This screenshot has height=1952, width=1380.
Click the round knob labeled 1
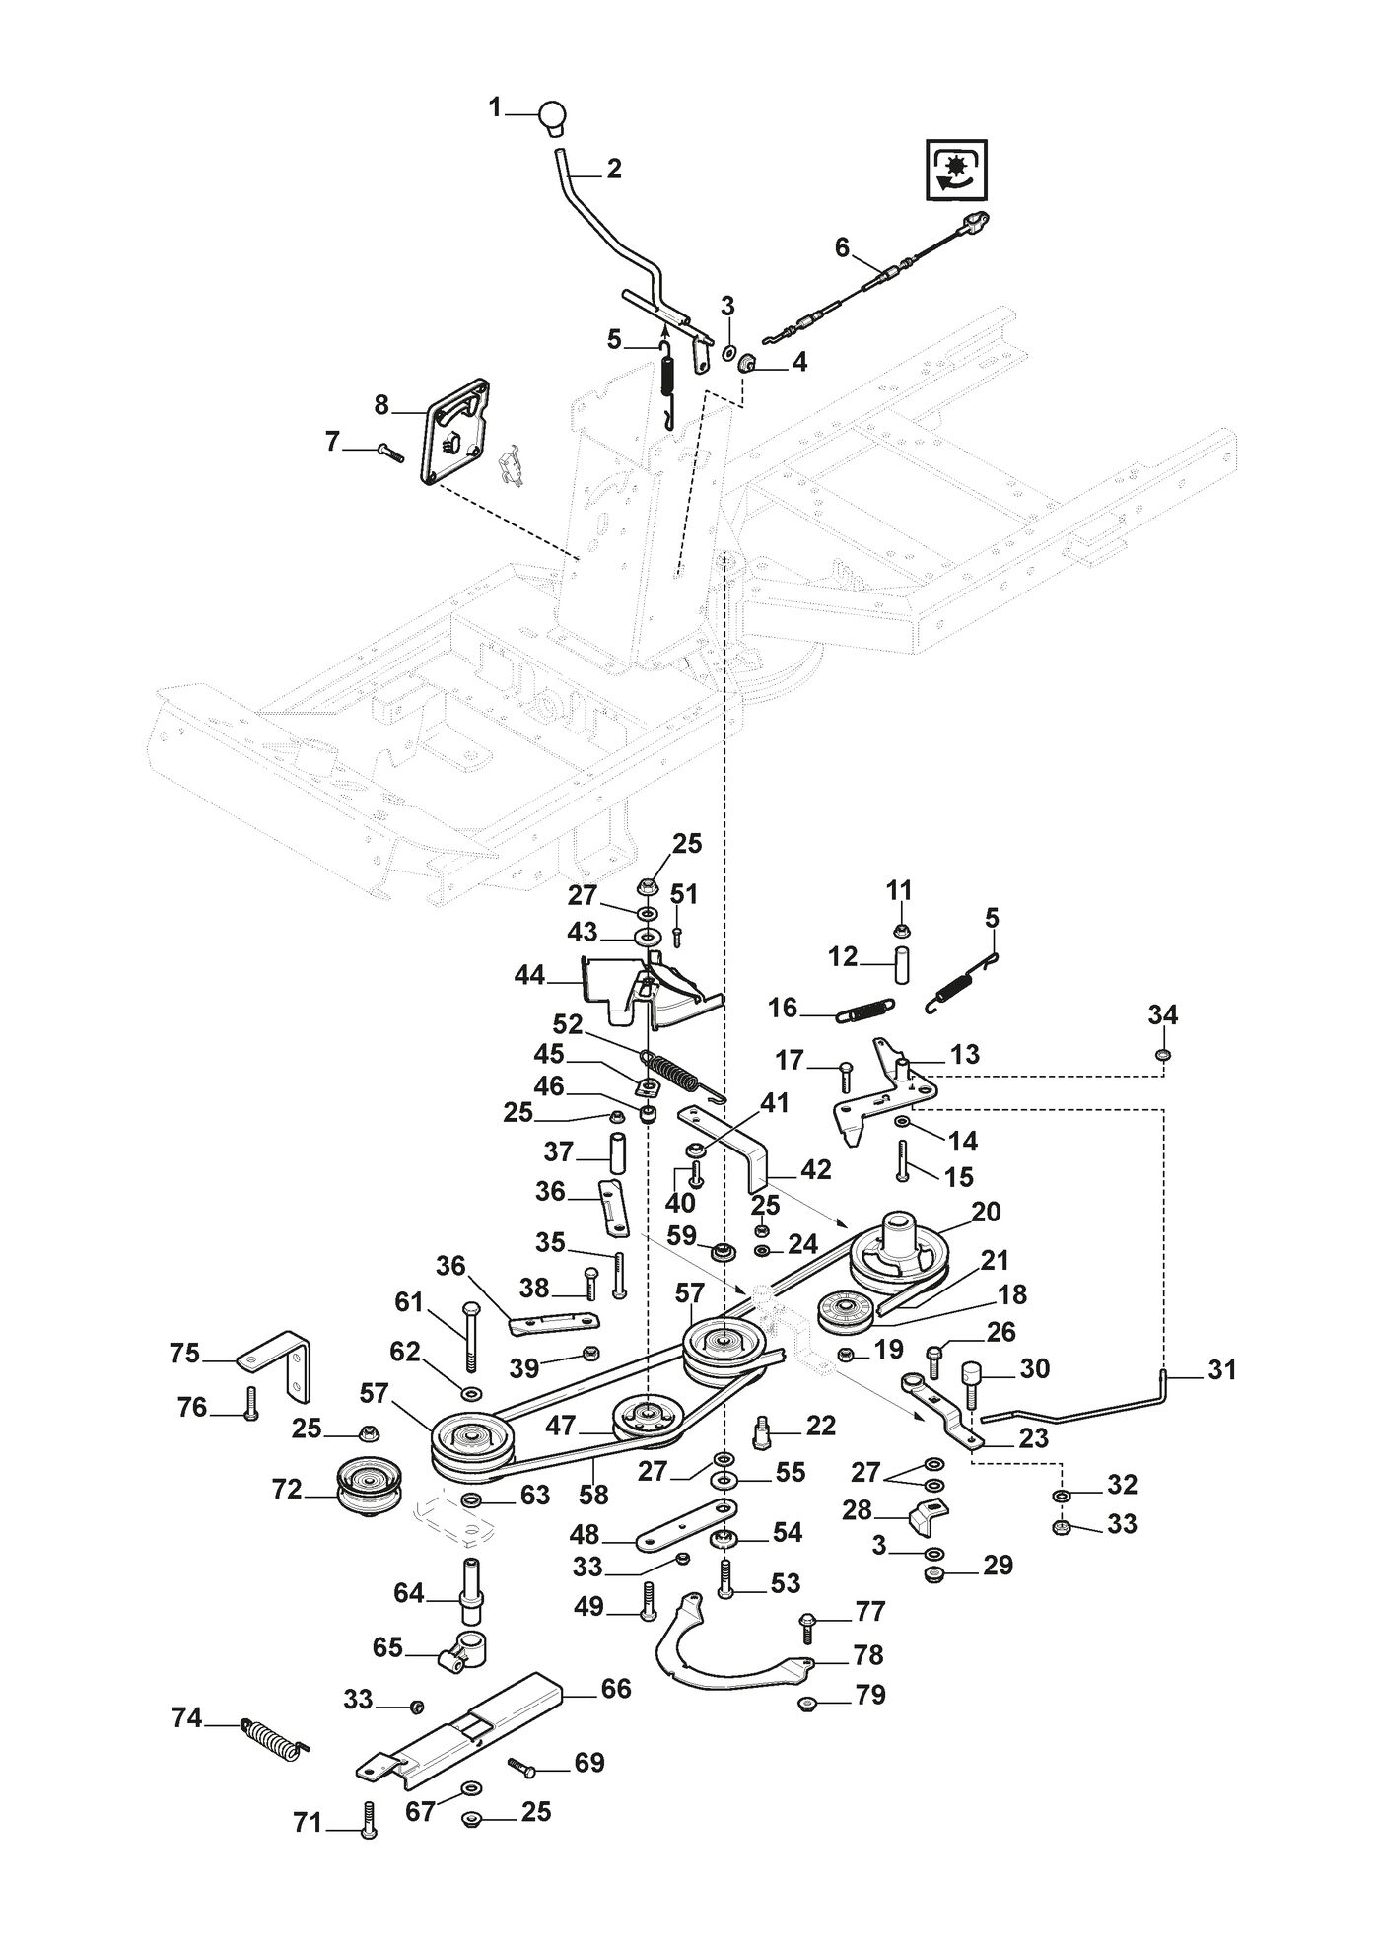554,116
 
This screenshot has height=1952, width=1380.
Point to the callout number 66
616,1688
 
